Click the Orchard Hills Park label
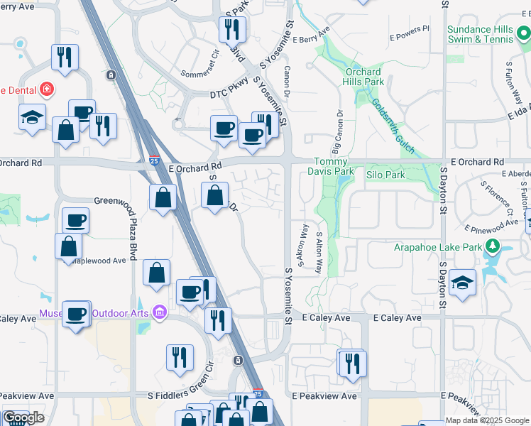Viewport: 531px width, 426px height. pyautogui.click(x=364, y=77)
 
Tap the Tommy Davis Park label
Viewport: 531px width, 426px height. pyautogui.click(x=330, y=166)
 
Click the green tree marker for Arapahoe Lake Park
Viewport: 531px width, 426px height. pyautogui.click(x=493, y=247)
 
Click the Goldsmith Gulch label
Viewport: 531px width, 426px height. pyautogui.click(x=390, y=117)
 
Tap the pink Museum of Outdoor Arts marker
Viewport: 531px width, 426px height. pyautogui.click(x=159, y=312)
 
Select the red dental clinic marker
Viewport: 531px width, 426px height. pyautogui.click(x=47, y=89)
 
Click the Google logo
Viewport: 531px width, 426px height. pyautogui.click(x=23, y=417)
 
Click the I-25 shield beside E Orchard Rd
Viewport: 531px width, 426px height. pyautogui.click(x=154, y=161)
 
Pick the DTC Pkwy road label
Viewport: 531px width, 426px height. pyautogui.click(x=228, y=94)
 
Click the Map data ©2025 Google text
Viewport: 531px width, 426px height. pyautogui.click(x=488, y=420)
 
